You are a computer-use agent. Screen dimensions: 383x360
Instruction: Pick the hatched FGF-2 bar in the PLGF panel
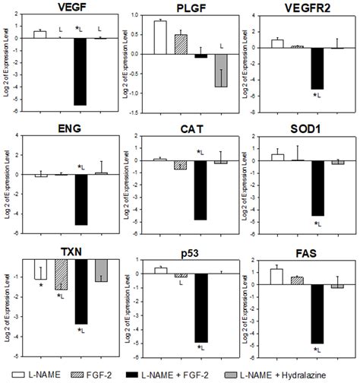pyautogui.click(x=180, y=43)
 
